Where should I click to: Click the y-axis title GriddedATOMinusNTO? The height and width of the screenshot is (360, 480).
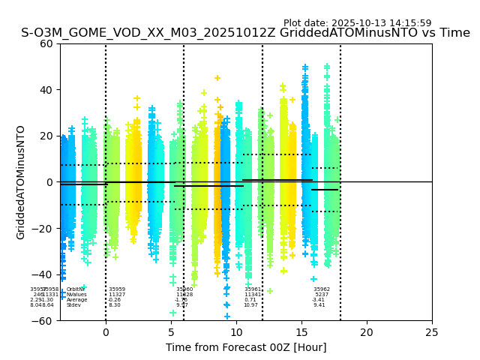21,182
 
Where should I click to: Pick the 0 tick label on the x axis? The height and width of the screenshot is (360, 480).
106,332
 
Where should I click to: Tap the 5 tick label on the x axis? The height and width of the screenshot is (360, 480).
171,332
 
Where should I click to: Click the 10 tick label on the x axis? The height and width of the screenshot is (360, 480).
236,332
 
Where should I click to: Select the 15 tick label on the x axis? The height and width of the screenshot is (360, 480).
301,332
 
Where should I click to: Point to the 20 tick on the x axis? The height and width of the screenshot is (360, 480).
367,332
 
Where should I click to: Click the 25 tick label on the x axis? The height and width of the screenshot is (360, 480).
432,332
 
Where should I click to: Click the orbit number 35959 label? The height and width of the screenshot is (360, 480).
117,289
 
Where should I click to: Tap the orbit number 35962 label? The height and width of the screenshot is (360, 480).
322,289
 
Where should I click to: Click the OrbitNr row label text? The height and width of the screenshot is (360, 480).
75,289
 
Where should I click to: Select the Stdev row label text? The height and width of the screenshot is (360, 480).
73,305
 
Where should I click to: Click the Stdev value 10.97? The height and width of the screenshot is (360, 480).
250,305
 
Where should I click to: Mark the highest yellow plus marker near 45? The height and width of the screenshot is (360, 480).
217,78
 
